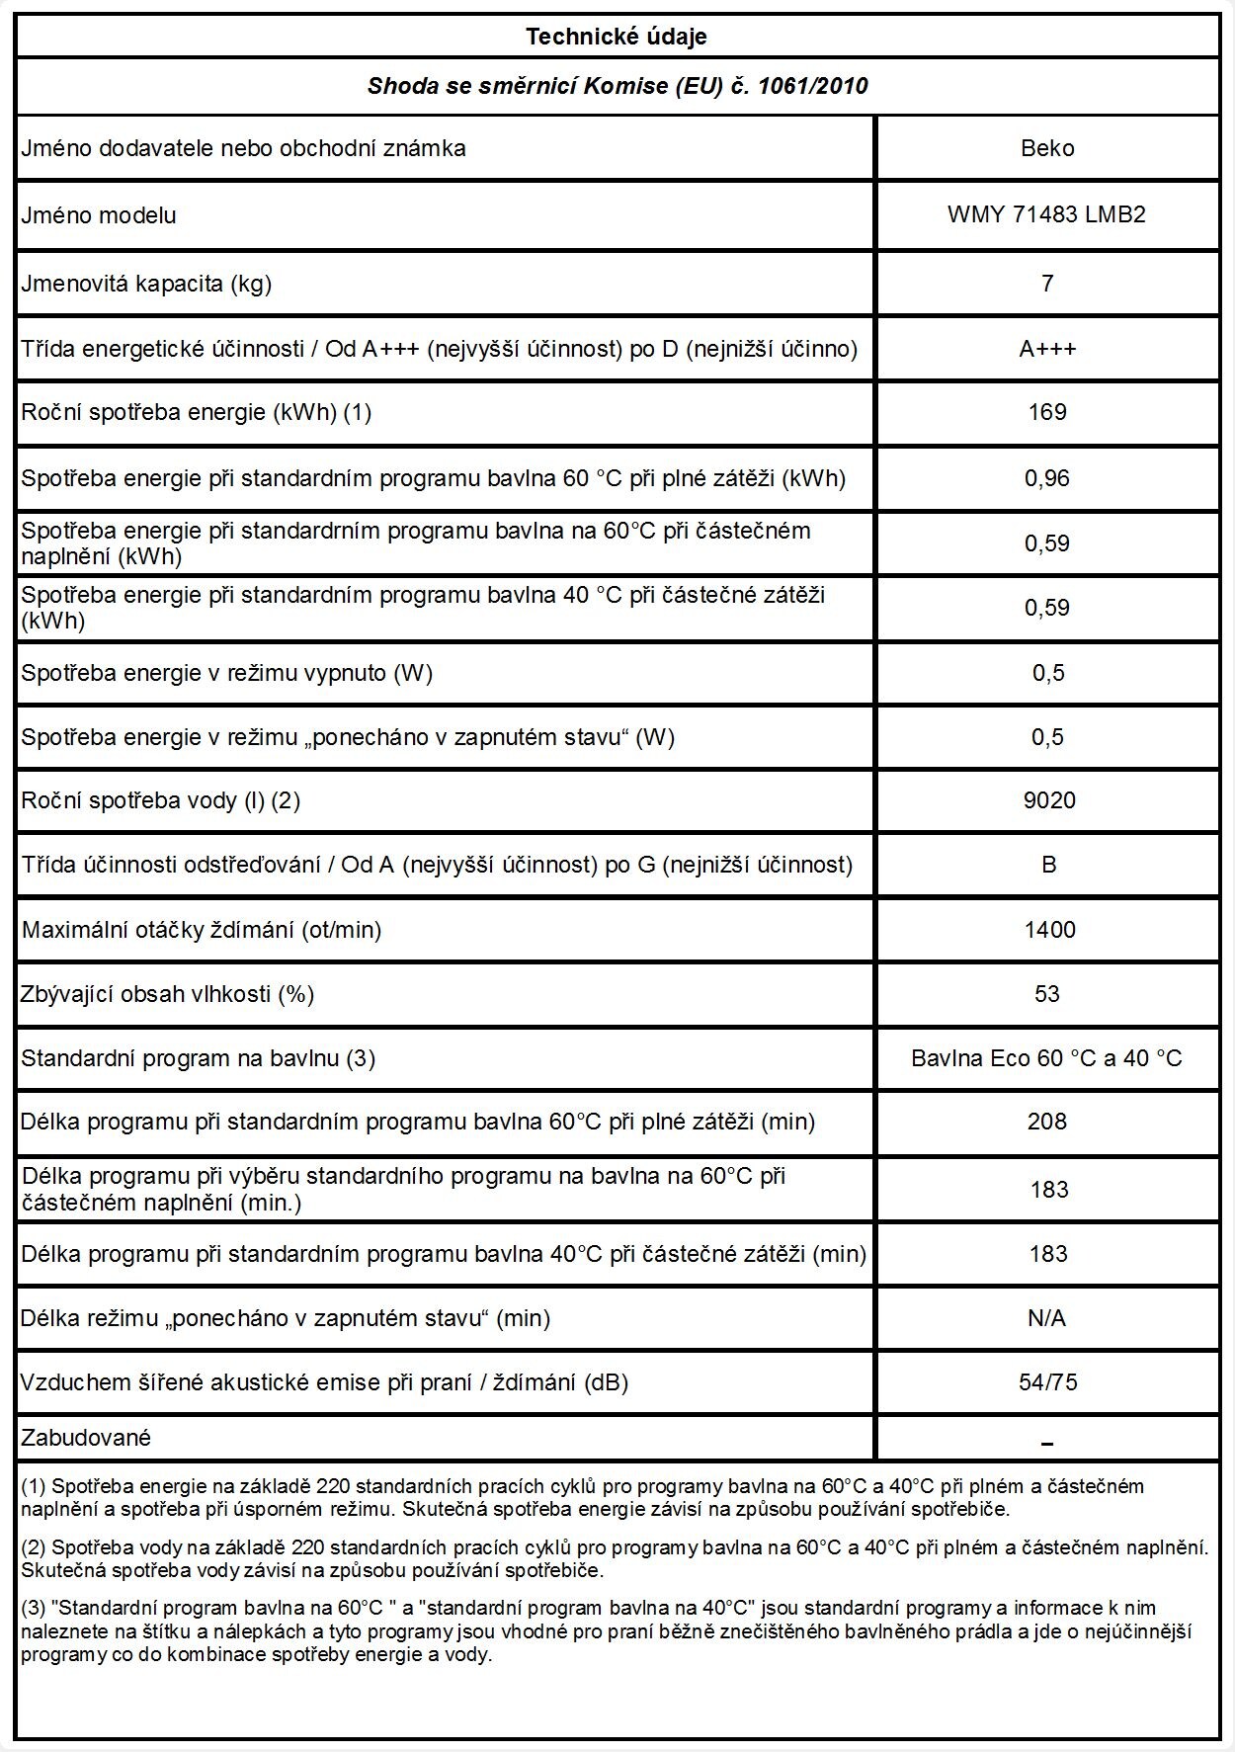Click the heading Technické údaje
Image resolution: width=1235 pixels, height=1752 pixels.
click(617, 38)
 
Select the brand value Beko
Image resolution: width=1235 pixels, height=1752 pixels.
click(1047, 148)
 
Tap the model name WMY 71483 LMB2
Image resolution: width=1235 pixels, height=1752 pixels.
click(1046, 215)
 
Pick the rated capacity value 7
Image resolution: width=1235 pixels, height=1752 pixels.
click(1047, 284)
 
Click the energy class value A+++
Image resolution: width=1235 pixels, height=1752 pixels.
click(1047, 349)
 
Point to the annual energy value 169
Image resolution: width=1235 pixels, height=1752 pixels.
click(1047, 412)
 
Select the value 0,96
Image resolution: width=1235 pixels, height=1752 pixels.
click(1047, 478)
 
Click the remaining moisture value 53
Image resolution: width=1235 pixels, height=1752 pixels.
click(1047, 994)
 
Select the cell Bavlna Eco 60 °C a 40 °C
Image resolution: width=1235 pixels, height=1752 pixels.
click(1046, 1058)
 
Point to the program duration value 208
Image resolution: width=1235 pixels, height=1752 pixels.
click(1047, 1122)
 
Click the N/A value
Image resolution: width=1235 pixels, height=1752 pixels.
click(1047, 1318)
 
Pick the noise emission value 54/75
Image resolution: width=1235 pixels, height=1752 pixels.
click(1048, 1382)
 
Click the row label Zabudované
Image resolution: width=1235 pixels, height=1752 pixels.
click(86, 1438)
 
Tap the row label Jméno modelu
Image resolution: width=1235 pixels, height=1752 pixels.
click(99, 215)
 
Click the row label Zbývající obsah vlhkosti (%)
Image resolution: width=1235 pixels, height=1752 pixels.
click(168, 994)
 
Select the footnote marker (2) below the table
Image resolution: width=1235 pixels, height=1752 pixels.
click(34, 1546)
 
